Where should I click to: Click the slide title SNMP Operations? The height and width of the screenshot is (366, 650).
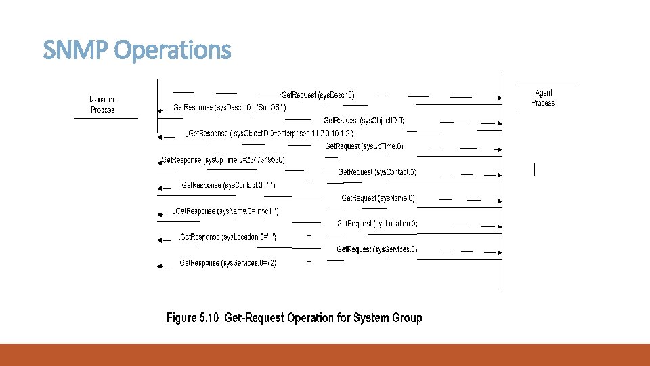click(x=137, y=50)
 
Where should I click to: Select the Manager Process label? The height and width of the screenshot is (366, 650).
click(x=102, y=105)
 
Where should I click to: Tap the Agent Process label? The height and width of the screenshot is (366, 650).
click(x=543, y=98)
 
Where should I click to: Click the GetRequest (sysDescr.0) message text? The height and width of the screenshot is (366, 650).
click(x=318, y=95)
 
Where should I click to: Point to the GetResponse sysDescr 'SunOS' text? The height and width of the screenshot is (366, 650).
click(x=230, y=108)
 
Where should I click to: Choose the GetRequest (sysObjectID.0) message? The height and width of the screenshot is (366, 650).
click(x=364, y=121)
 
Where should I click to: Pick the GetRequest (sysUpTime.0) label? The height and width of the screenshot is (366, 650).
click(x=364, y=146)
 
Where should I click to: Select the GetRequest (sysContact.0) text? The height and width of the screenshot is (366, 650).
click(x=377, y=172)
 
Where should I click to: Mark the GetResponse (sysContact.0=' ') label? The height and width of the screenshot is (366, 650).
click(x=227, y=186)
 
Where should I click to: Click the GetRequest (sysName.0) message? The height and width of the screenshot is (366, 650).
click(x=378, y=198)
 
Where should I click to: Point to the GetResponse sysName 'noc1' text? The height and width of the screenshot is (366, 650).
click(x=227, y=211)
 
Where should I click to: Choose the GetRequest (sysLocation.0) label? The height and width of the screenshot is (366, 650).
click(x=377, y=224)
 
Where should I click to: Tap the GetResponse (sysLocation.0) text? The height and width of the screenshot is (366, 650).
click(x=227, y=237)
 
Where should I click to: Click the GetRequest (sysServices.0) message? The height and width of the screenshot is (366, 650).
click(x=377, y=249)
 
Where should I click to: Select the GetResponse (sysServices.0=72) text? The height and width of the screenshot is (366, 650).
click(x=227, y=263)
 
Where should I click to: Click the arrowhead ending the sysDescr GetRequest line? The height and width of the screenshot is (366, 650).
click(x=500, y=98)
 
